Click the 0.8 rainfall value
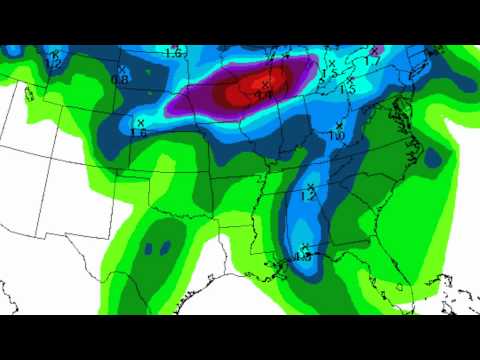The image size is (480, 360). pos(120,79)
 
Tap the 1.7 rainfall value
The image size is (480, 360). pos(373,61)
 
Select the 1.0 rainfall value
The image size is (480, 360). pos(337,135)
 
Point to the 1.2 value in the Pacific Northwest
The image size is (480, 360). pos(54,63)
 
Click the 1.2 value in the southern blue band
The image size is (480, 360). pos(308,197)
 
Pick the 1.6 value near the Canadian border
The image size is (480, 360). pos(173,52)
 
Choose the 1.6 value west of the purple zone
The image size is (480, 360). pos(139,132)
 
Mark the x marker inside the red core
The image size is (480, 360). pos(265,83)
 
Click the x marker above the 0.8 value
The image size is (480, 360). pos(120,69)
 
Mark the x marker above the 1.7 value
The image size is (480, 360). pos(373,50)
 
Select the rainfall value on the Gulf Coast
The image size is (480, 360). pos(303,257)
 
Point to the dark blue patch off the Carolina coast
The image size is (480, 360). pos(432,157)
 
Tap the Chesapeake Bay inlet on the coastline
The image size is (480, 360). pos(411,115)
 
